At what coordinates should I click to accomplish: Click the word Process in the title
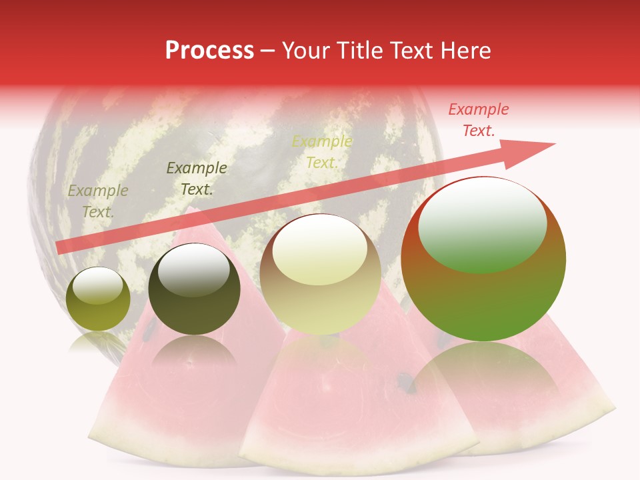point(209,51)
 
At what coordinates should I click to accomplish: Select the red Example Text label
point(479,120)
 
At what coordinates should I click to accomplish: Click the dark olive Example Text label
point(196,179)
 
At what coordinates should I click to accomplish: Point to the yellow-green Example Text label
point(322,152)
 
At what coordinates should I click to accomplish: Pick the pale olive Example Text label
point(97,201)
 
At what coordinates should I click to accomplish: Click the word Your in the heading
point(306,51)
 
